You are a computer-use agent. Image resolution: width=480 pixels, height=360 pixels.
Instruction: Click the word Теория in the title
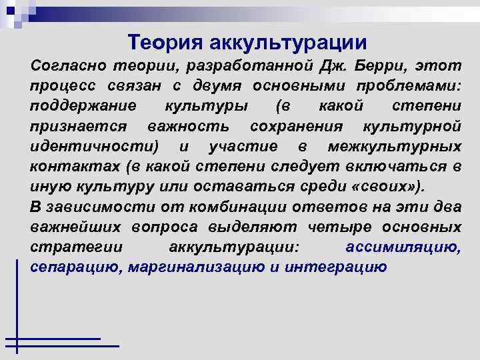click(x=166, y=43)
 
